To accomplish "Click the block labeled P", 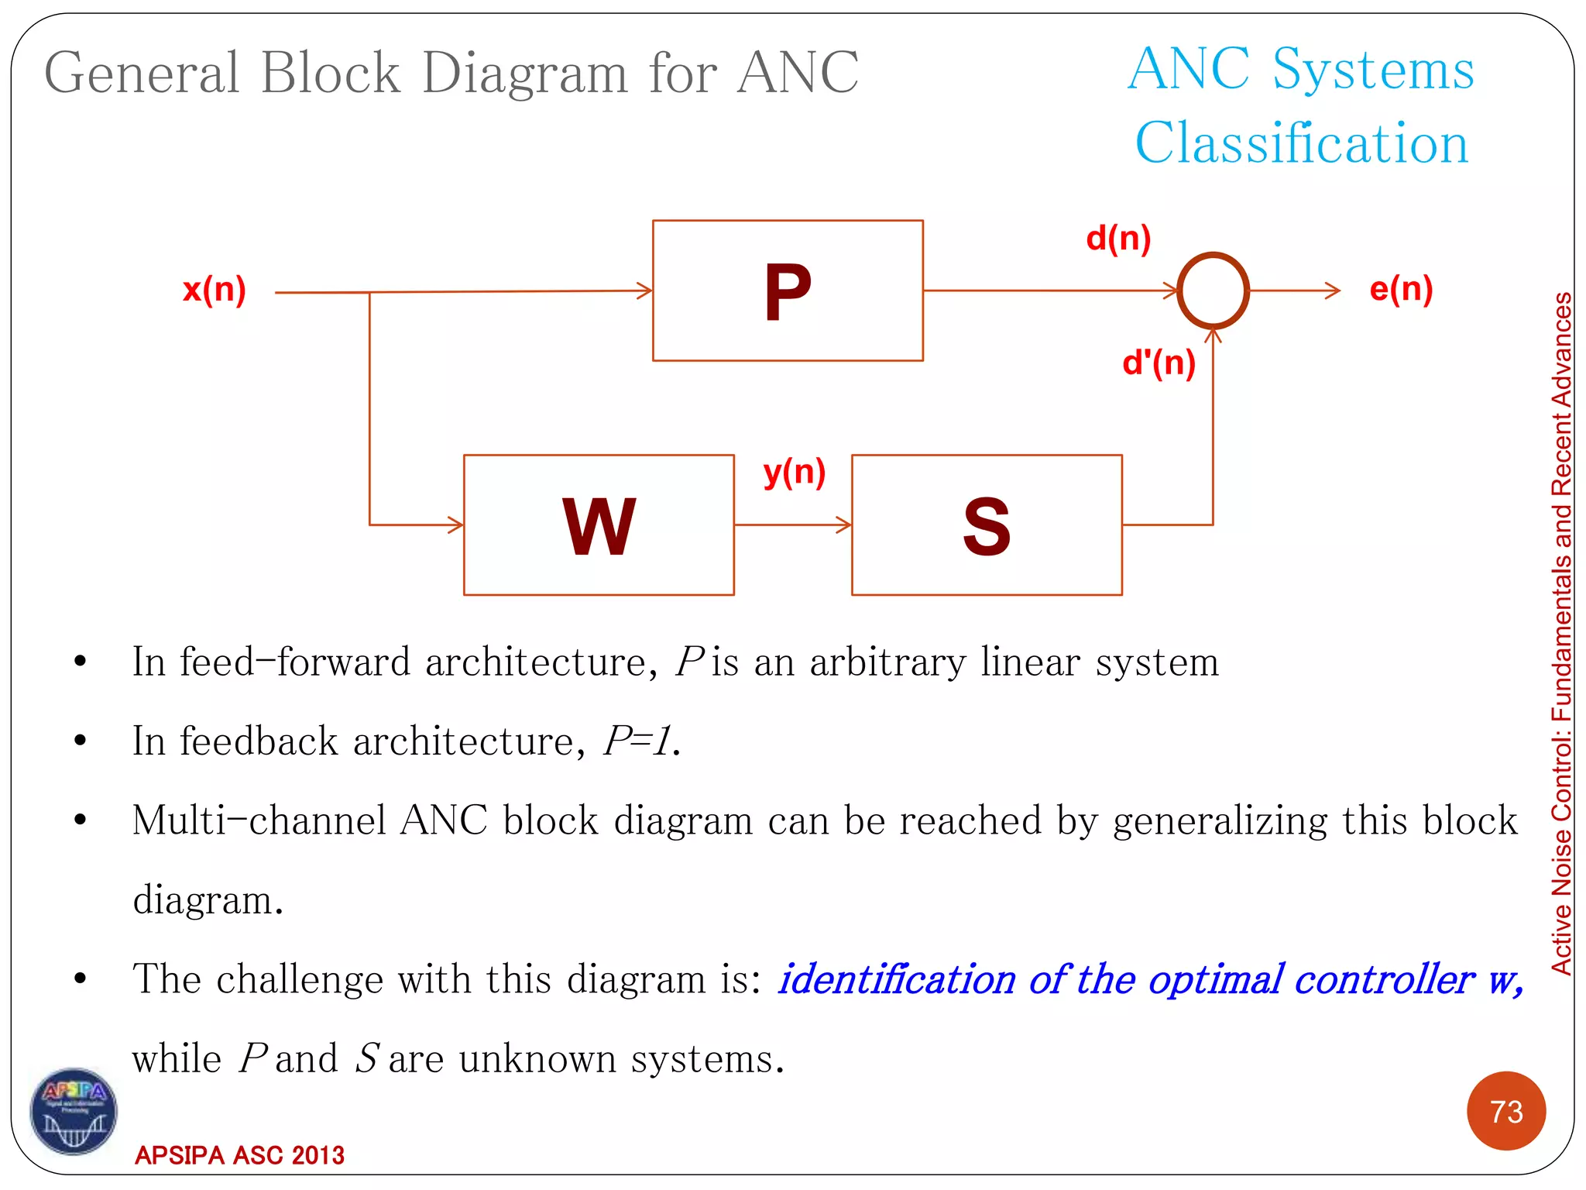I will coord(788,291).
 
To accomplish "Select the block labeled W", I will coord(599,525).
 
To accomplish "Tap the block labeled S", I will coord(987,525).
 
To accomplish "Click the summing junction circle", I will coord(1213,291).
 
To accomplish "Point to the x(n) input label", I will coord(215,289).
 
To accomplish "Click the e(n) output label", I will coord(1401,289).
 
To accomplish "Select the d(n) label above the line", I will coord(1118,238).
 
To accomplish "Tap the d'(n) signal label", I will coord(1159,363).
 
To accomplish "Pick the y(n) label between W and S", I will coord(794,472).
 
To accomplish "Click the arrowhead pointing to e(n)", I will coord(1334,291).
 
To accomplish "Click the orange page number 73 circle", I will coord(1505,1111).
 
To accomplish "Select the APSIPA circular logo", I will coord(74,1111).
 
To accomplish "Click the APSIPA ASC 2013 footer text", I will coord(239,1155).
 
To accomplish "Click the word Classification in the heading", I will coord(1301,143).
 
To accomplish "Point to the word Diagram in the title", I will coord(524,73).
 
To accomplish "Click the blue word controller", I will coord(1384,979).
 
